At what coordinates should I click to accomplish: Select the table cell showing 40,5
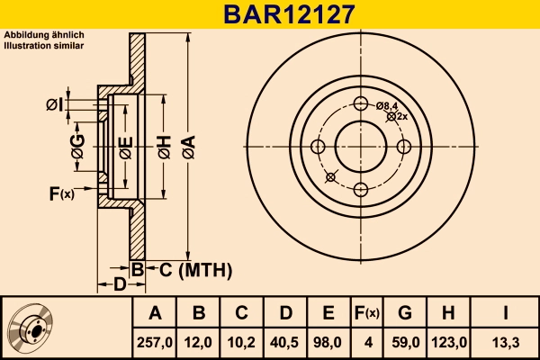click(x=285, y=342)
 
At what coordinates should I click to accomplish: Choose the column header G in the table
click(x=405, y=313)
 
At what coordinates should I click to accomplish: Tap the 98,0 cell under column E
click(x=328, y=342)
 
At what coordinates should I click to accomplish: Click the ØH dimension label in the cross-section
click(x=164, y=144)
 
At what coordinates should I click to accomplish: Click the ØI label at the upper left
click(x=55, y=106)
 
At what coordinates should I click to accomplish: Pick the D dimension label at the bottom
click(x=121, y=285)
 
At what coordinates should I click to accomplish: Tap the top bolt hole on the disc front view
click(x=360, y=103)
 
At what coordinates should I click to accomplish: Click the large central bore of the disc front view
click(x=360, y=145)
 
